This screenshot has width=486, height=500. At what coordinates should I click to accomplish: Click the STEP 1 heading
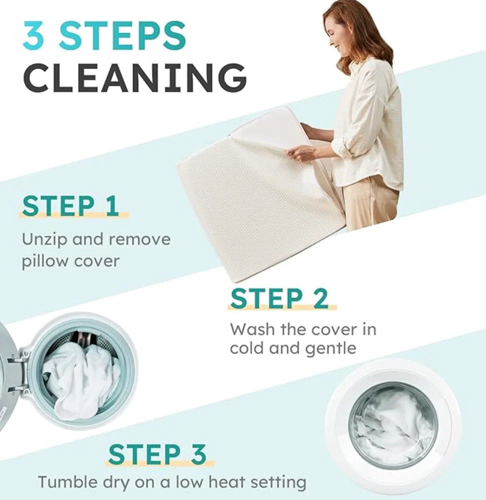pos(70,206)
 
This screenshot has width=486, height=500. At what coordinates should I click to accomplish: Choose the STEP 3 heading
pos(157,454)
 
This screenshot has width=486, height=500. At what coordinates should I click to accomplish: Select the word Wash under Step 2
pos(251,329)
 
